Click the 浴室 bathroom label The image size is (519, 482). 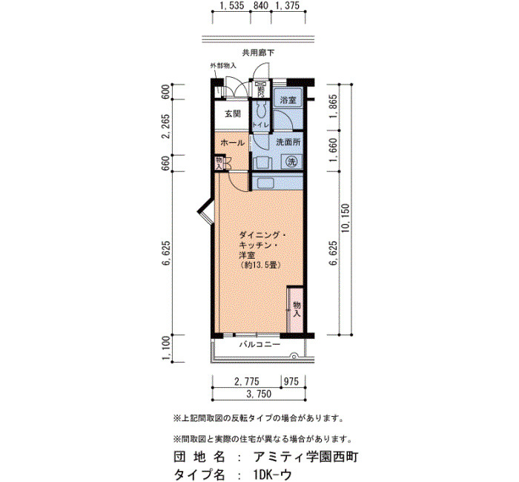(288, 100)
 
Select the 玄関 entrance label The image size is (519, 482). (233, 114)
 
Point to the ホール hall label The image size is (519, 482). (232, 143)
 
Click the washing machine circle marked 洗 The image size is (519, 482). (291, 162)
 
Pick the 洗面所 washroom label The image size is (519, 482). (288, 142)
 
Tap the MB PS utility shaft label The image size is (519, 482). (261, 90)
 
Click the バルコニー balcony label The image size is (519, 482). (259, 345)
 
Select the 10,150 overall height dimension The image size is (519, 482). (346, 218)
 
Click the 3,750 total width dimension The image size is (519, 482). (259, 394)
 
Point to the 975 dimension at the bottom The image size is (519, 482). (291, 381)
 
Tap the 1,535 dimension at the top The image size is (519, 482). (231, 6)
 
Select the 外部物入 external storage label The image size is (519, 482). (223, 65)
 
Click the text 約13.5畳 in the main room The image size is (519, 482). (260, 265)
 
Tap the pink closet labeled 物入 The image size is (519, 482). (295, 309)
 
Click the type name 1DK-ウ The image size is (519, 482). (271, 475)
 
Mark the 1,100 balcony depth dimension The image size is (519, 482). (167, 349)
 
